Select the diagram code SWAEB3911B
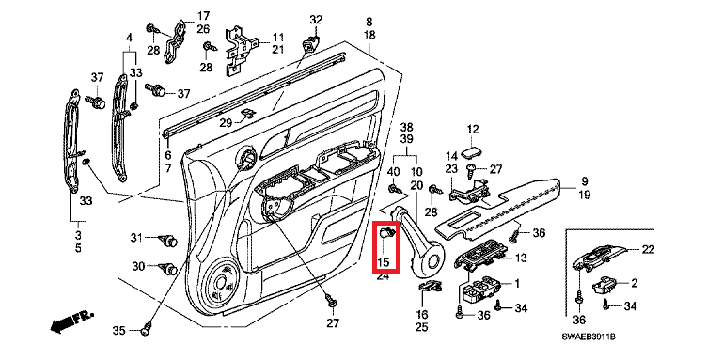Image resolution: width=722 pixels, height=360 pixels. point(588,337)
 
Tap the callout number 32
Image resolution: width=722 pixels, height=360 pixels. point(316,20)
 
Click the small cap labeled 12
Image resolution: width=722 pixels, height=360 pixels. point(470,153)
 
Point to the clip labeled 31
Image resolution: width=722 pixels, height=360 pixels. point(168,240)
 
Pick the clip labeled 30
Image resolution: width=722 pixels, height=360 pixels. point(168,268)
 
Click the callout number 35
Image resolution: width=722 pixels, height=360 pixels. point(118,330)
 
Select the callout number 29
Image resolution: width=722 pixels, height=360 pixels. point(226,123)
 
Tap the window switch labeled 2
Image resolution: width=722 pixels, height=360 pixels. point(604,287)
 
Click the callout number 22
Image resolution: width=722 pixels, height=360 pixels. point(649,249)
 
